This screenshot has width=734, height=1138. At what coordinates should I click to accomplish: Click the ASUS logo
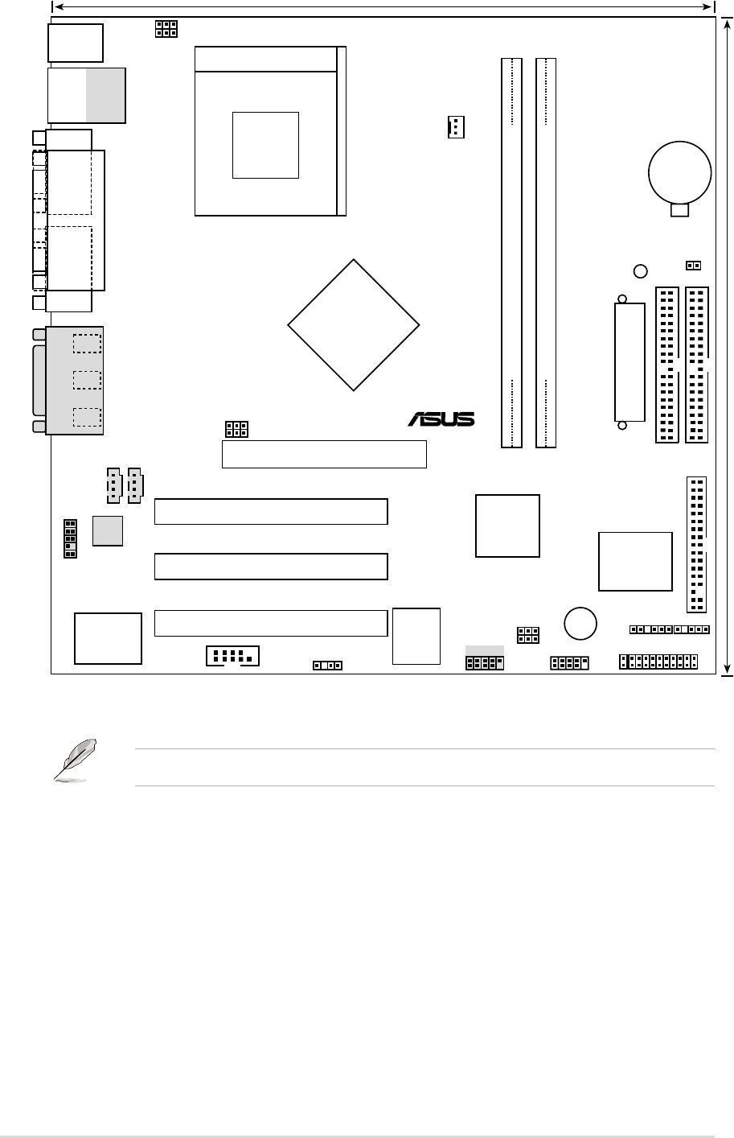(441, 419)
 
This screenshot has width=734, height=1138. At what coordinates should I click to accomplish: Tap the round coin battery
(680, 172)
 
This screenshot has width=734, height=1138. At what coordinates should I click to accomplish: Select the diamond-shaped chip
(354, 325)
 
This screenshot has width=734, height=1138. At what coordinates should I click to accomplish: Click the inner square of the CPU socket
(265, 145)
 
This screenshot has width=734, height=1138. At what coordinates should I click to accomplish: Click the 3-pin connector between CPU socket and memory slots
(456, 126)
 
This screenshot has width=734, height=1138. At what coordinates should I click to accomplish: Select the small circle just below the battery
(640, 271)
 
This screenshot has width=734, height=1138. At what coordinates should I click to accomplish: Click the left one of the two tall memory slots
(511, 252)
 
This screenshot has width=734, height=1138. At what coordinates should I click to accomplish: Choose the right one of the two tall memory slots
(546, 252)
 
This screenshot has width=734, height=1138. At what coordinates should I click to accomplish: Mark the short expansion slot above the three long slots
(323, 454)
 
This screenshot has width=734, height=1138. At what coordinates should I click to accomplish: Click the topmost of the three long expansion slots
(271, 511)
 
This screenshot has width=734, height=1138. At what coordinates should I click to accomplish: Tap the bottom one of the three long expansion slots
(271, 622)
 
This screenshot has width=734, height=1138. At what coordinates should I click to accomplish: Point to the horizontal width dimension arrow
(383, 6)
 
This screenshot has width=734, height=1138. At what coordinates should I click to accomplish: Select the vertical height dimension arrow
(728, 346)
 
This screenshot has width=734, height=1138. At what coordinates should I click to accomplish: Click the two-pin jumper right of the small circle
(692, 265)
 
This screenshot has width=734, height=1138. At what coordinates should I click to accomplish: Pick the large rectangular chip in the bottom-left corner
(108, 638)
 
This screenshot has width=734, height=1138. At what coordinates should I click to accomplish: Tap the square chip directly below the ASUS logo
(507, 526)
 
